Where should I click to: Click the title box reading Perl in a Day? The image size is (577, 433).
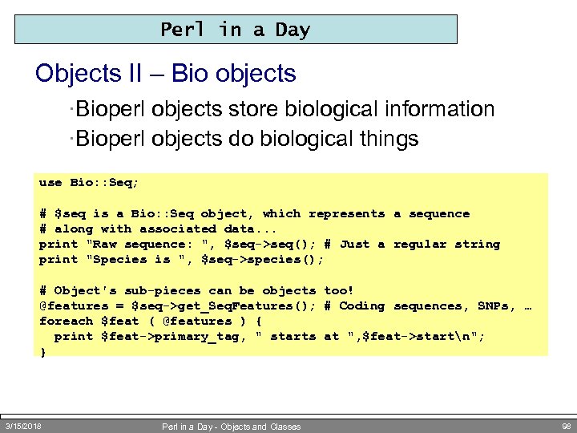(x=236, y=30)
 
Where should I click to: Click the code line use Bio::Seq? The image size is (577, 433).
(x=89, y=183)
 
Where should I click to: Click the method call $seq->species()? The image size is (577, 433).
(x=273, y=260)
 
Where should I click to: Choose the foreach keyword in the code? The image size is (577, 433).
(x=66, y=322)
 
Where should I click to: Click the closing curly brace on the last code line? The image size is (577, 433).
(x=43, y=352)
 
